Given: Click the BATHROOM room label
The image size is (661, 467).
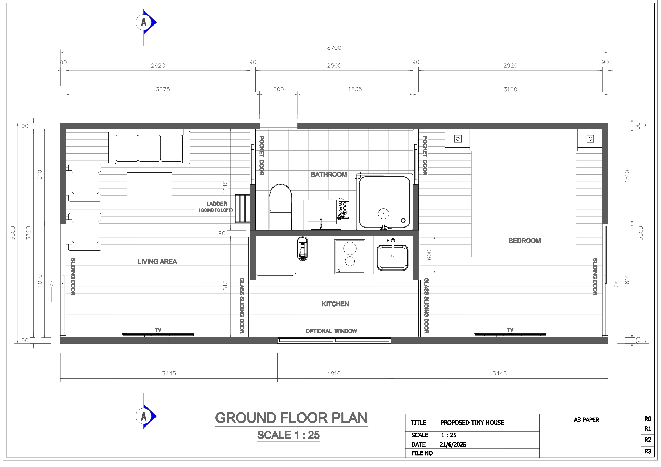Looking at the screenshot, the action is click(x=329, y=174).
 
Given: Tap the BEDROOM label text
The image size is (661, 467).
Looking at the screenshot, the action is click(x=525, y=241).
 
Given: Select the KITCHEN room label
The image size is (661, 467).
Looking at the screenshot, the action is click(x=335, y=304).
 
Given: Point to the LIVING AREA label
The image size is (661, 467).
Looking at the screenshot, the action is click(x=157, y=262).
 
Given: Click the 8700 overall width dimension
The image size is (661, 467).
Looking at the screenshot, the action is click(x=334, y=48).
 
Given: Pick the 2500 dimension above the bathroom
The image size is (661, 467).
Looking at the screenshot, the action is click(x=334, y=66).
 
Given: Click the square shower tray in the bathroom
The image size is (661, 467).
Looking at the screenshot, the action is click(x=384, y=203).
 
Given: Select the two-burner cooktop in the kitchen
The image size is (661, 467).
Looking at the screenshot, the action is click(x=350, y=256).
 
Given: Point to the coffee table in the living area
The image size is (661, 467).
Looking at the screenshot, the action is click(x=149, y=185).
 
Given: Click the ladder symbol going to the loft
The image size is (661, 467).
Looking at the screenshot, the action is click(x=242, y=208).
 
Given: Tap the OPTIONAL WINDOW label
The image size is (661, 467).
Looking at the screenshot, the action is click(x=331, y=331).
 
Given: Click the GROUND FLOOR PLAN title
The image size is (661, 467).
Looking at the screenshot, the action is click(x=291, y=418).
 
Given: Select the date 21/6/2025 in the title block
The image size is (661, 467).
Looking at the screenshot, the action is click(x=453, y=445).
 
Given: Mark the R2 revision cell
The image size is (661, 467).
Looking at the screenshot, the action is click(x=648, y=440).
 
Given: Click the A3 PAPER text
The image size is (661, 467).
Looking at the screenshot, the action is click(x=586, y=420).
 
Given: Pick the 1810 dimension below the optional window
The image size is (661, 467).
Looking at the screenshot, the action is click(x=334, y=374).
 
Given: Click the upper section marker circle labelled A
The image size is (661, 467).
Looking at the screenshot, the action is click(x=144, y=22).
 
